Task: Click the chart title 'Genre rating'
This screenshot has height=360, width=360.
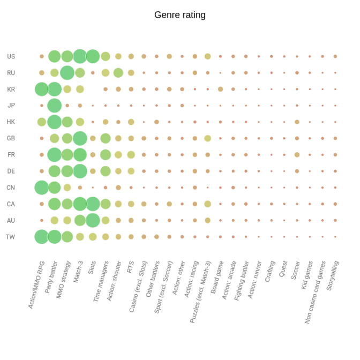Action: point(179,15)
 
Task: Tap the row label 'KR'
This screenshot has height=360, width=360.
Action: point(11,89)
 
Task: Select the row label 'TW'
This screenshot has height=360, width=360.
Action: point(11,237)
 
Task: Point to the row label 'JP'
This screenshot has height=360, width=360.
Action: point(11,106)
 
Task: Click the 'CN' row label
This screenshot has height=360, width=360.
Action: point(11,187)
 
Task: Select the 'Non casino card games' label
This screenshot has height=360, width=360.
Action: point(314,292)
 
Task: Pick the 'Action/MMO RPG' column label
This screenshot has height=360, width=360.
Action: point(36,285)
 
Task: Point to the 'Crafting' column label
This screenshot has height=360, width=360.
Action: point(269,272)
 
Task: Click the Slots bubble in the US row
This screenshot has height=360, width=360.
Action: point(93,56)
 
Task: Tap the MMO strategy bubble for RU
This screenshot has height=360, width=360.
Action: point(67,73)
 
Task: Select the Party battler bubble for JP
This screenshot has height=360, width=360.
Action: point(54,106)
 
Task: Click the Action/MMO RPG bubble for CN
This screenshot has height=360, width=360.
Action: point(41,187)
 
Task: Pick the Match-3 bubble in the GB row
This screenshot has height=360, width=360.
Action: point(80,138)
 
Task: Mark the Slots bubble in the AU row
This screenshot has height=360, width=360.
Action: point(93,220)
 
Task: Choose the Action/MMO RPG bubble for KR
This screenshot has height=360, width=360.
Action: point(41,89)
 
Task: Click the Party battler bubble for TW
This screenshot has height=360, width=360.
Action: point(54,237)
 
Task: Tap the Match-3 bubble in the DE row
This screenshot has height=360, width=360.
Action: point(80,171)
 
